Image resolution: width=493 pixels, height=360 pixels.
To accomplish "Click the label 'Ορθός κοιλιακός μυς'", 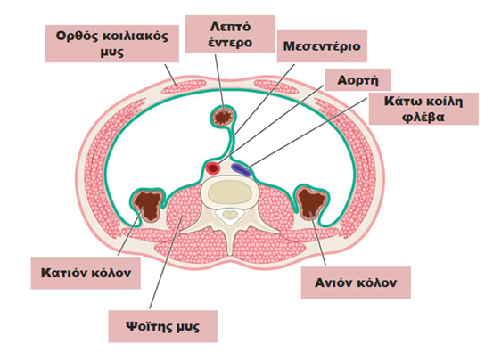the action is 112,44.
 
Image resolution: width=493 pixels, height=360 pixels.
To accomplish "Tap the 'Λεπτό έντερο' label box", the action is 230,34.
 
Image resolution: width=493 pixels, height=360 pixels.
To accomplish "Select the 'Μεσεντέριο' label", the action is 322,46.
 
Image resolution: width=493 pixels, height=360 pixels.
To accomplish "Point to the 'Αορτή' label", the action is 357,80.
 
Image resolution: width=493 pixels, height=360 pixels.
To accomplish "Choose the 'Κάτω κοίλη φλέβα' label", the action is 423,109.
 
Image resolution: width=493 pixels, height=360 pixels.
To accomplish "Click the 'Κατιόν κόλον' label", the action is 86,273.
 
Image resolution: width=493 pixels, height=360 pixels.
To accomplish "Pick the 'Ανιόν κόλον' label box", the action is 356,282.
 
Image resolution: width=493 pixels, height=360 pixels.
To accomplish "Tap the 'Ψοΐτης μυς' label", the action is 162,326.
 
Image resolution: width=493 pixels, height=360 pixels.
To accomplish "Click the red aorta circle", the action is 213,168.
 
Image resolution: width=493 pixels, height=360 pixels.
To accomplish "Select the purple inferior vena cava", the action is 242,169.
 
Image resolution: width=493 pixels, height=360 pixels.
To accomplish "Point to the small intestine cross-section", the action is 223,117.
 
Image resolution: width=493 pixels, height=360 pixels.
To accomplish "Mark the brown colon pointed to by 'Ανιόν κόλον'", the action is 312,202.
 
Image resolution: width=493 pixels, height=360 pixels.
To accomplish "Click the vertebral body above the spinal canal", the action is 231,192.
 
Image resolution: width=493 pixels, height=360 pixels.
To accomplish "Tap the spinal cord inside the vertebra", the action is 231,215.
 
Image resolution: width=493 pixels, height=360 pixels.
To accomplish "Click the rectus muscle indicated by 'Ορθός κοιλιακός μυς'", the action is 184,86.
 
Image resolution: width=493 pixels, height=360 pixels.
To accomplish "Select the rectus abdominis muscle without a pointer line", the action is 276,86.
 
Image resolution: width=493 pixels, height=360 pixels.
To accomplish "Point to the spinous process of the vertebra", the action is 230,241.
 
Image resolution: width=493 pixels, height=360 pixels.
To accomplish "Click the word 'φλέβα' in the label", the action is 423,117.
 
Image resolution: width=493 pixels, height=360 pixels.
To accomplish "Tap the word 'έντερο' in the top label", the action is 230,42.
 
